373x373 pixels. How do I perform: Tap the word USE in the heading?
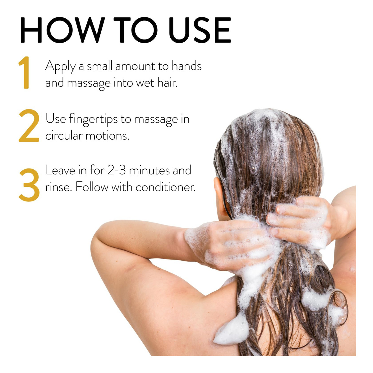(x=200, y=30)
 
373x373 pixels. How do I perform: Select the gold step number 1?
(x=25, y=72)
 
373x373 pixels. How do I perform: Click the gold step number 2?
(x=29, y=125)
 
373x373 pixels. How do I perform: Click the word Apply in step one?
(x=61, y=67)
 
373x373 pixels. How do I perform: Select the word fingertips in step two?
(x=93, y=119)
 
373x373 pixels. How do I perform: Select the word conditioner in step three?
(x=165, y=187)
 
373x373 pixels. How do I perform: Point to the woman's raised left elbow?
(x=97, y=242)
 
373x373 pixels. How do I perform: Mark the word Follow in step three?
(x=92, y=187)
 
